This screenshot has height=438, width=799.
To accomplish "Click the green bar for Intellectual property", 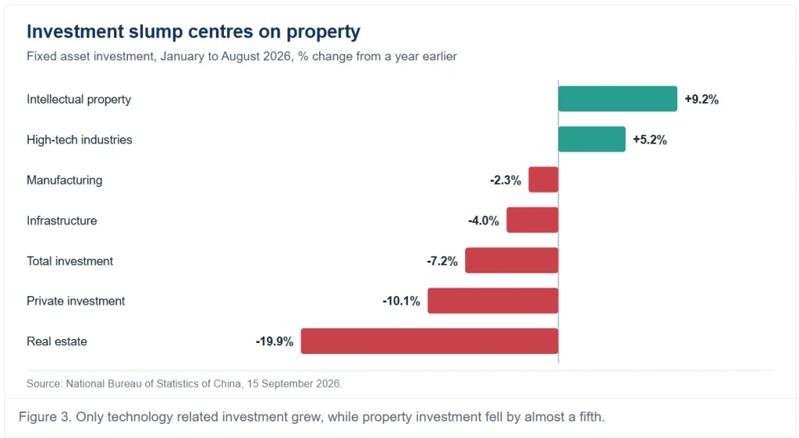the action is (x=618, y=99).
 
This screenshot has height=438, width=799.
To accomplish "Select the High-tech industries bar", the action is (x=591, y=140).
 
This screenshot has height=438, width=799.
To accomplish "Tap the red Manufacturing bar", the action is (x=543, y=179).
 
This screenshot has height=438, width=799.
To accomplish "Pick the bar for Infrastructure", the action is (x=532, y=221).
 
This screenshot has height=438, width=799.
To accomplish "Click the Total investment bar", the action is (x=512, y=260).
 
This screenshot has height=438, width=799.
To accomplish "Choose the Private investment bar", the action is (x=493, y=301).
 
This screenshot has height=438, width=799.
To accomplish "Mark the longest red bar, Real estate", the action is (x=430, y=341).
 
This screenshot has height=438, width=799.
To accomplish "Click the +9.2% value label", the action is (x=701, y=99).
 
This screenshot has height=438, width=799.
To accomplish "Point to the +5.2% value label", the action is (x=650, y=140).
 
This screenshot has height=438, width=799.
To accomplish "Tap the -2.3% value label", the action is (x=506, y=180).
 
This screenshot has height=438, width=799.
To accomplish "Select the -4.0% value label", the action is (x=484, y=221).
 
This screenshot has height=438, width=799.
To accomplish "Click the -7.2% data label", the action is (x=442, y=261).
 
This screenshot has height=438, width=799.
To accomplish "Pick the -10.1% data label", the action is (x=402, y=301).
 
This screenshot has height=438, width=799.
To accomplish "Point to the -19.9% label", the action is (x=275, y=341).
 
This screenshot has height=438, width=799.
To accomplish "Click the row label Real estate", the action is (x=56, y=341).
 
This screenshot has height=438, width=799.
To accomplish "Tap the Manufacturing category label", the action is (x=64, y=181).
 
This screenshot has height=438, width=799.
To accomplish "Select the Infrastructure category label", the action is (x=62, y=221).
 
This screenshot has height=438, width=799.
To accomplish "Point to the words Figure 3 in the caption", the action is (x=44, y=417).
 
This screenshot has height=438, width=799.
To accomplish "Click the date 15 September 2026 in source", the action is (x=293, y=383).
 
